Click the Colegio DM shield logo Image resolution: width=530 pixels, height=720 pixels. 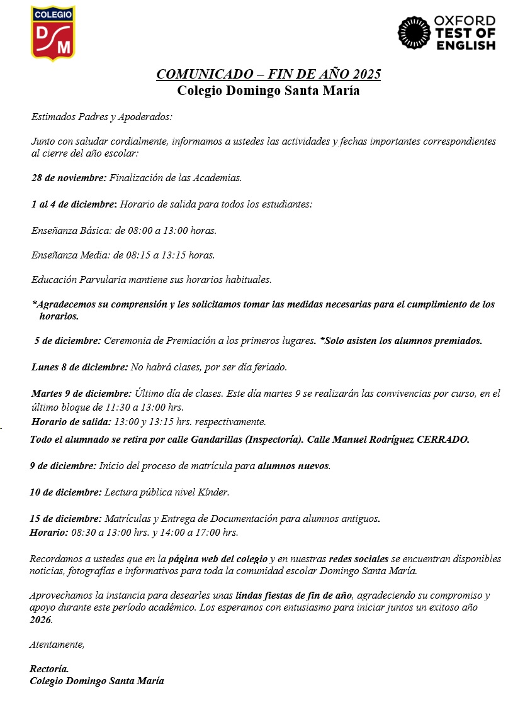(x=53, y=33)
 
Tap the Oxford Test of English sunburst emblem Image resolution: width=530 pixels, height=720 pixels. (x=414, y=33)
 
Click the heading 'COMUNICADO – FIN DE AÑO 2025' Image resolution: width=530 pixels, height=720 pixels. (x=268, y=74)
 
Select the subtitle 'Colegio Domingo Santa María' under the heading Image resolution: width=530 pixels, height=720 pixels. (x=268, y=90)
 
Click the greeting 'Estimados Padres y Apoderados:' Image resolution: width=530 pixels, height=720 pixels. (x=101, y=117)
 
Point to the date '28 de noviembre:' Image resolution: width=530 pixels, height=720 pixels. (x=69, y=178)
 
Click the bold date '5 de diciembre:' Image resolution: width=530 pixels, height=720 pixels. (x=67, y=341)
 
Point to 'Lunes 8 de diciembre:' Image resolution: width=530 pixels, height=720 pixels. (x=79, y=367)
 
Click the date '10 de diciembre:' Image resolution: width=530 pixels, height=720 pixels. (x=65, y=492)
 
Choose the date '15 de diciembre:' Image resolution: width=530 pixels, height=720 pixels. (x=65, y=519)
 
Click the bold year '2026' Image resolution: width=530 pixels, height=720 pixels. (x=41, y=619)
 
